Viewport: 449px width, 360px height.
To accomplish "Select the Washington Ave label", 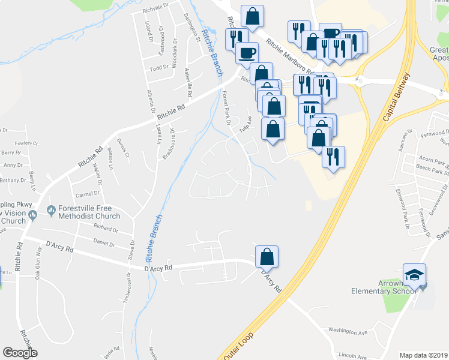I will point(346,331).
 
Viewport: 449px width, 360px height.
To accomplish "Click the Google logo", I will point(20,352).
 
